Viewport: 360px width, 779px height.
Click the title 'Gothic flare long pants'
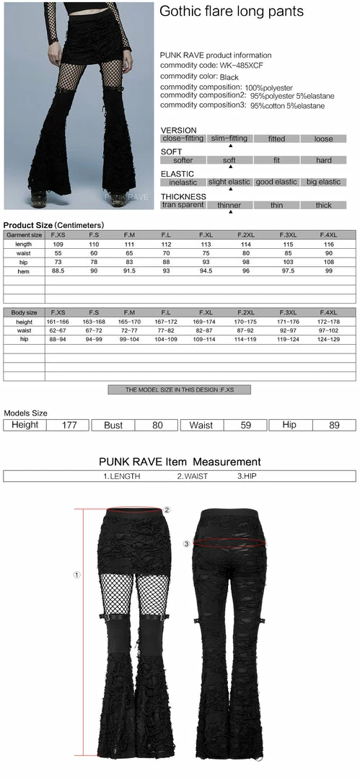click(x=232, y=12)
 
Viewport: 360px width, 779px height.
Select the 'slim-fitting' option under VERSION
click(x=229, y=138)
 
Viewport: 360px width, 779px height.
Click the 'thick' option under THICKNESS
click(x=323, y=205)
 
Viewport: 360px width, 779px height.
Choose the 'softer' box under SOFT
click(x=183, y=160)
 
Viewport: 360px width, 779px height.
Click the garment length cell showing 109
click(x=57, y=244)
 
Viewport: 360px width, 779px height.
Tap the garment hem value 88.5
click(x=57, y=270)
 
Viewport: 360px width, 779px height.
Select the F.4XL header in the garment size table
click(x=329, y=234)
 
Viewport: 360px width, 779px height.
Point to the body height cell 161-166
click(x=57, y=321)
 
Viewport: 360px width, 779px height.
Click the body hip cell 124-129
click(x=329, y=338)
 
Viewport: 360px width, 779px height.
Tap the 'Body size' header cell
click(x=24, y=312)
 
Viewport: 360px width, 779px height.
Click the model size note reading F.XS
click(x=179, y=389)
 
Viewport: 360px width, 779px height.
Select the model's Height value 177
click(x=69, y=425)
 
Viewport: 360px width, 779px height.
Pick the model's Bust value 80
click(x=158, y=425)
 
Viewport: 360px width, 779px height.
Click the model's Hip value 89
click(x=334, y=425)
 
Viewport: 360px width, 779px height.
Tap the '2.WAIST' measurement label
click(x=192, y=476)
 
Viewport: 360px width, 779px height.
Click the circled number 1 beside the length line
click(x=76, y=575)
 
